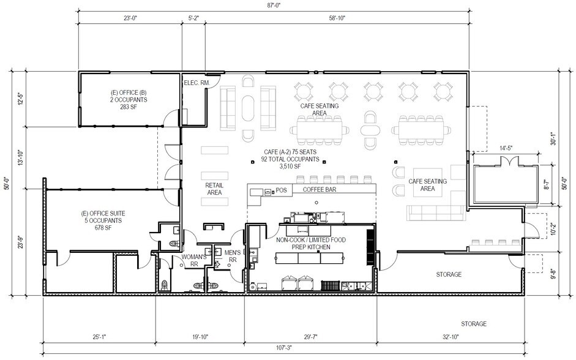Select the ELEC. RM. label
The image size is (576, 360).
click(196, 83)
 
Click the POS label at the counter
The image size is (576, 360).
click(281, 190)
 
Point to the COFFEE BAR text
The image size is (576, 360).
click(320, 190)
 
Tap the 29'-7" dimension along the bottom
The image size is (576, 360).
click(311, 337)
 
